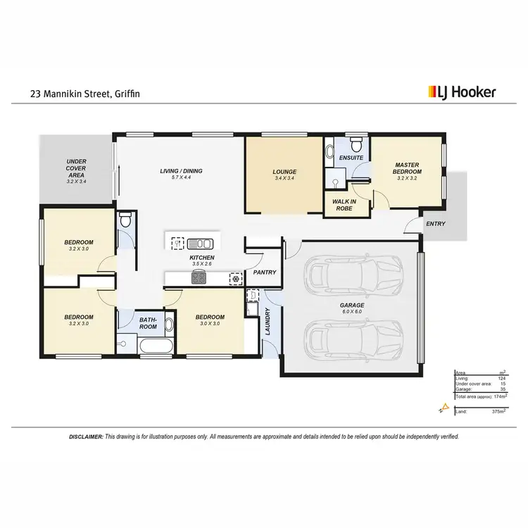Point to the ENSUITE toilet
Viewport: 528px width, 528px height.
click(x=356, y=145)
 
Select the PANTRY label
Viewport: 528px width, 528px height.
click(x=265, y=272)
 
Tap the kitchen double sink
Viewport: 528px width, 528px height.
click(x=200, y=244)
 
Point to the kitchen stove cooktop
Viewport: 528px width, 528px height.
click(x=199, y=278)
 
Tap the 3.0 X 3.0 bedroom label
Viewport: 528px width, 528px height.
click(x=210, y=320)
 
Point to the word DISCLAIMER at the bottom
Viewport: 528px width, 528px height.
click(x=86, y=436)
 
